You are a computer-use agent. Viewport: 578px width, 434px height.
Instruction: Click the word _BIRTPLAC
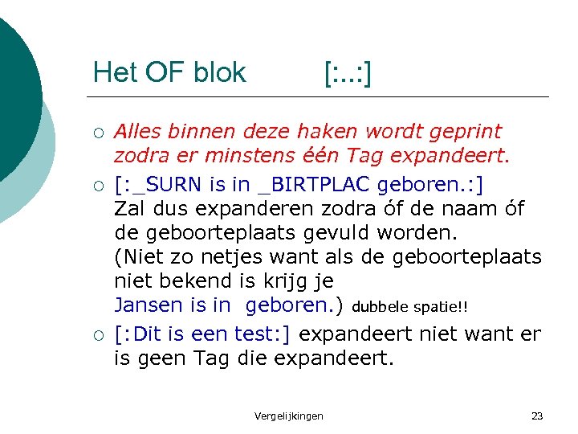(313, 186)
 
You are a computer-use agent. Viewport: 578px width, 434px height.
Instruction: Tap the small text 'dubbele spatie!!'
(409, 307)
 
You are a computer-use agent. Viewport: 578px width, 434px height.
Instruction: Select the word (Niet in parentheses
(140, 257)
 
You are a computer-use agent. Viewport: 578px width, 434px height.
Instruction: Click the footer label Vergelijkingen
(288, 416)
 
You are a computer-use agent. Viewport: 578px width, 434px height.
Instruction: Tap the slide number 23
(537, 416)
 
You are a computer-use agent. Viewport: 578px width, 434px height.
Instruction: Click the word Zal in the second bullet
(131, 209)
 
